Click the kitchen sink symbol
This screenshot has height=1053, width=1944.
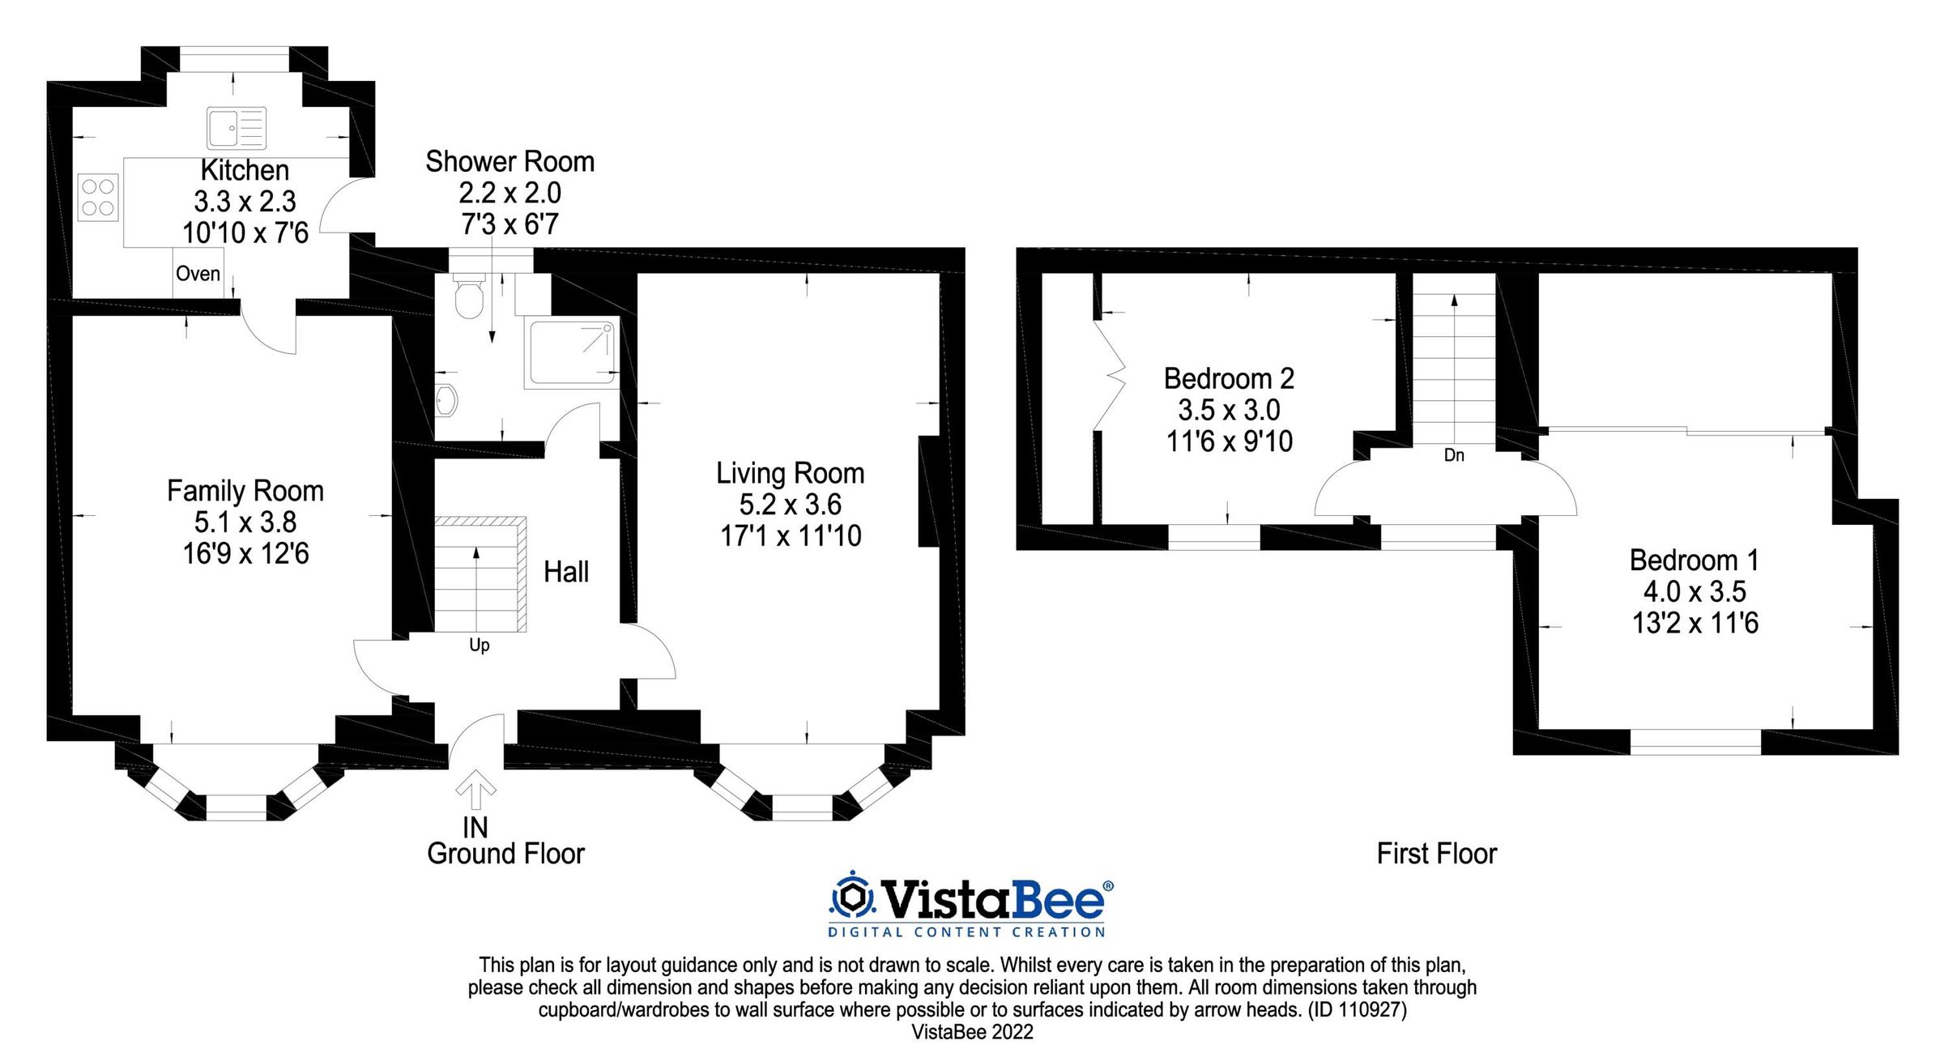pos(236,128)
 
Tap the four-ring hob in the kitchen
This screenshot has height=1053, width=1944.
pos(98,198)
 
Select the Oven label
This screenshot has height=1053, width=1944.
pos(198,274)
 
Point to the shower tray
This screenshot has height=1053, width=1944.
pos(572,352)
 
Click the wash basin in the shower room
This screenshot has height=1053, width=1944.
pos(446,400)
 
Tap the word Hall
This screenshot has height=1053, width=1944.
pos(565,572)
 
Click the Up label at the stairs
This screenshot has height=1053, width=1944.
pos(479,645)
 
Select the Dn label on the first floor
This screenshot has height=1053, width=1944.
pos(1454,455)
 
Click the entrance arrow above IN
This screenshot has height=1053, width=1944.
pos(475,791)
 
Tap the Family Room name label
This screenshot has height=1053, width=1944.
pos(245,491)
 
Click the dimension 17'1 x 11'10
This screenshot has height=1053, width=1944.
pos(791,535)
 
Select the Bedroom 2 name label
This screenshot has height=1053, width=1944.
pos(1228,378)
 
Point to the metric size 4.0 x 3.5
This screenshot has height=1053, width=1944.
pos(1694,591)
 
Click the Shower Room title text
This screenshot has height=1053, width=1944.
pos(509,161)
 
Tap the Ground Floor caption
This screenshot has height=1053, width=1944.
pos(505,853)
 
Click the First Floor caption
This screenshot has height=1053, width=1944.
pos(1436,853)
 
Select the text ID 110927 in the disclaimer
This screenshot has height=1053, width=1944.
pos(1357,1009)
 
